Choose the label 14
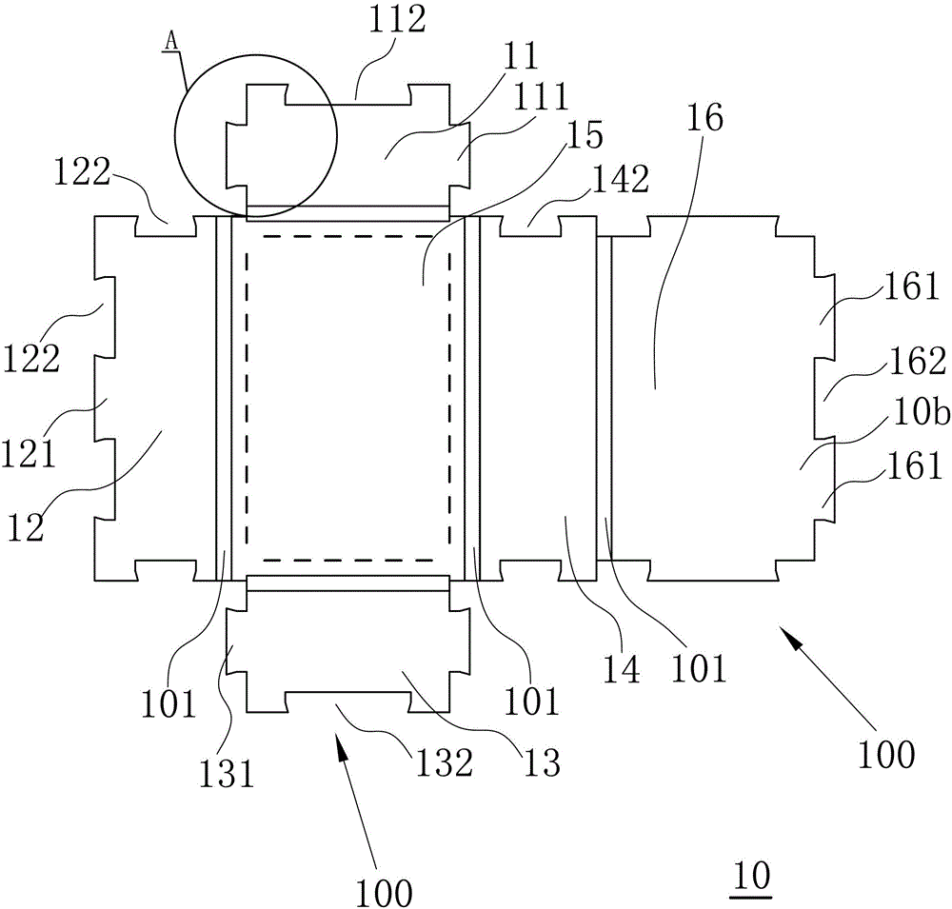621,667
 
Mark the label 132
439,762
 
